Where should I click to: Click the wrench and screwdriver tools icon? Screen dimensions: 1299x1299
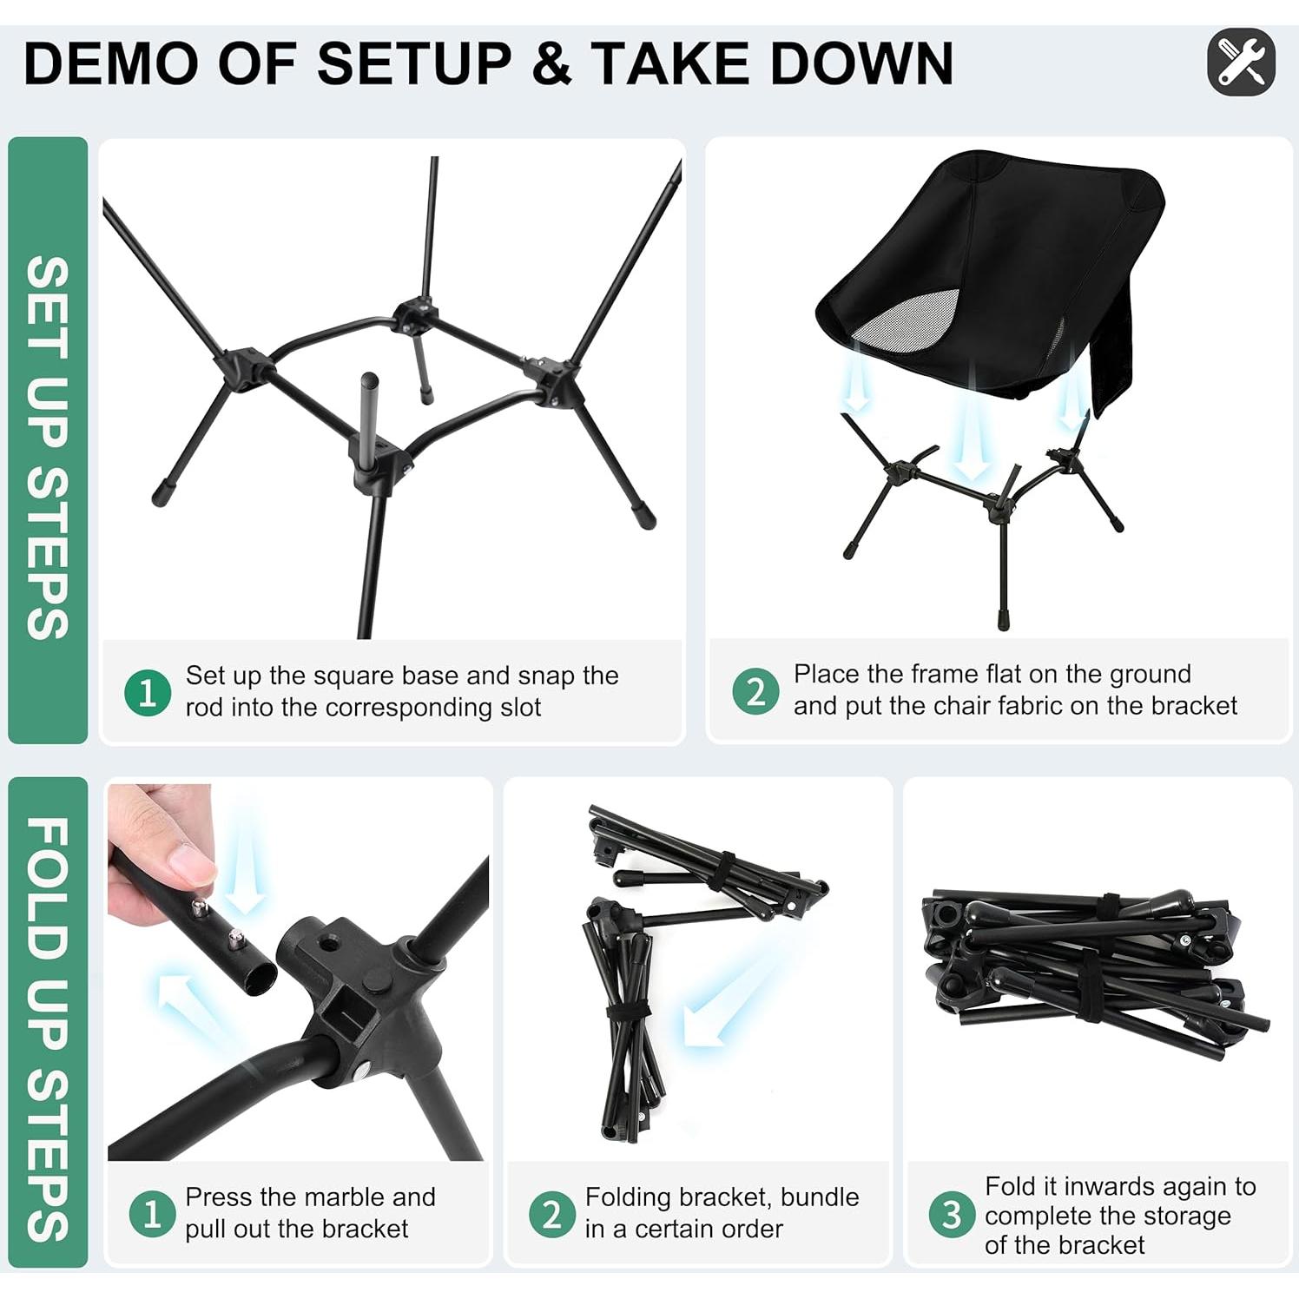click(1241, 62)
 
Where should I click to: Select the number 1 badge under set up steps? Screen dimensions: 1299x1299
click(148, 693)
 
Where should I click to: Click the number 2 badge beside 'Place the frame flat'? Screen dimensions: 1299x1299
click(755, 691)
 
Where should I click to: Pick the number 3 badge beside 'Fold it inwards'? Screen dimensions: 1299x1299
click(952, 1215)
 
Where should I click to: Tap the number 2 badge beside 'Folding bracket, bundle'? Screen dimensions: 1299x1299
click(551, 1214)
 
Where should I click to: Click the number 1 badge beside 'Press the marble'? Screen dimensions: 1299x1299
click(152, 1214)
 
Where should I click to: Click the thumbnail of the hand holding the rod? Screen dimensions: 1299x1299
click(298, 972)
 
